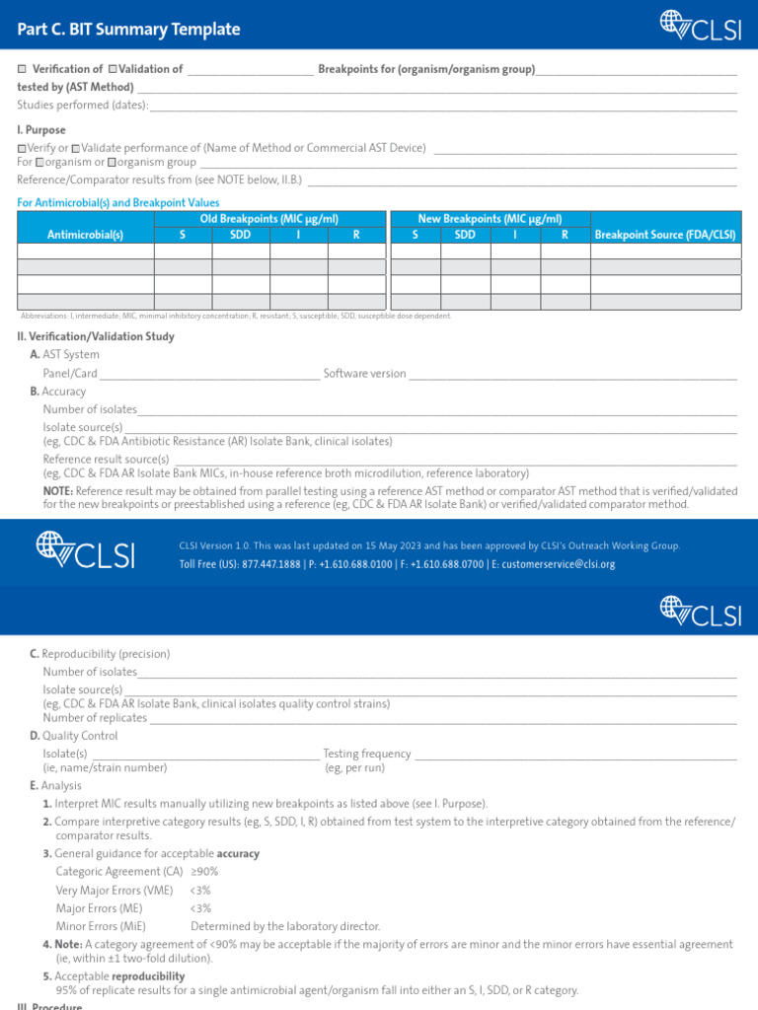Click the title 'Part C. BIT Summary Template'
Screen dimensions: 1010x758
128,30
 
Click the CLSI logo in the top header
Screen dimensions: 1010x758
700,28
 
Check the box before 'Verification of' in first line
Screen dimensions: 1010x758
23,70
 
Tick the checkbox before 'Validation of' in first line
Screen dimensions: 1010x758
113,70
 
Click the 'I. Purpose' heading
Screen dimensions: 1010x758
41,129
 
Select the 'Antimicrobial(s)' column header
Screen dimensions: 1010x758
86,235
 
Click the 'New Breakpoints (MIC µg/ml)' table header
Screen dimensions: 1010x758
491,219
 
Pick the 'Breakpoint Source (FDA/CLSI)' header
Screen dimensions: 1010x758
665,235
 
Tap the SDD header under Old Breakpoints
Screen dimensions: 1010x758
241,235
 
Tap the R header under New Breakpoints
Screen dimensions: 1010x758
565,235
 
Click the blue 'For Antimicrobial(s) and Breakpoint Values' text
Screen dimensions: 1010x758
118,202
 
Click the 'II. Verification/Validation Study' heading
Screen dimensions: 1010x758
96,336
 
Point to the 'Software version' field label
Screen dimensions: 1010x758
364,374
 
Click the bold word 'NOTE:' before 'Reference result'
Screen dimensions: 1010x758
58,490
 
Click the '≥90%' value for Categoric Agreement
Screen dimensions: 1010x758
204,872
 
